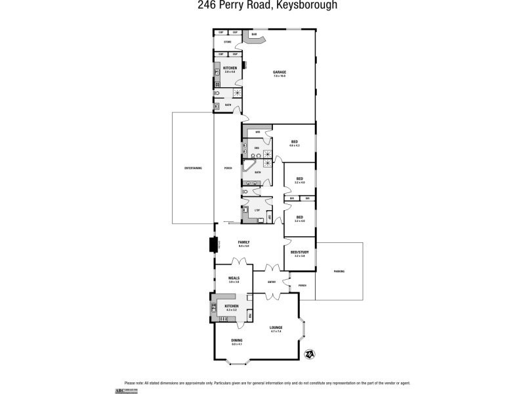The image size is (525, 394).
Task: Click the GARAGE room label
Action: pos(280,72)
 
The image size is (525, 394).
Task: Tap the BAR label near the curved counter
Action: pos(254,35)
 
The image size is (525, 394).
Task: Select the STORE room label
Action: pos(228,42)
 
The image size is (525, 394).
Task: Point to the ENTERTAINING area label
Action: pos(193,168)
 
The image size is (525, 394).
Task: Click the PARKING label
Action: pos(339,271)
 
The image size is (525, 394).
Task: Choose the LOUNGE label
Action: pos(276,327)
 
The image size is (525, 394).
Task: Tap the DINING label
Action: pos(236,340)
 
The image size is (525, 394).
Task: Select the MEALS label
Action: pos(234,278)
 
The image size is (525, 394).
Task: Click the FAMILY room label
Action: pos(243,242)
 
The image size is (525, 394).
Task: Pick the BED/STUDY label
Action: pos(299,252)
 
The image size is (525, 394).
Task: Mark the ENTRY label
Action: pos(272,282)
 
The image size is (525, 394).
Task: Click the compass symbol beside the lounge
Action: pos(309,355)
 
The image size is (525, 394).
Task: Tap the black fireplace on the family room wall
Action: pos(213,245)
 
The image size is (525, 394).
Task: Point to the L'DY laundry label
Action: pos(257,210)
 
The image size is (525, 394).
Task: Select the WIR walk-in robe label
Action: pos(258,132)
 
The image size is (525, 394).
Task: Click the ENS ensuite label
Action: pos(257,148)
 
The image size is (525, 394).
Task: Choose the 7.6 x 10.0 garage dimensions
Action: pos(280,76)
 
